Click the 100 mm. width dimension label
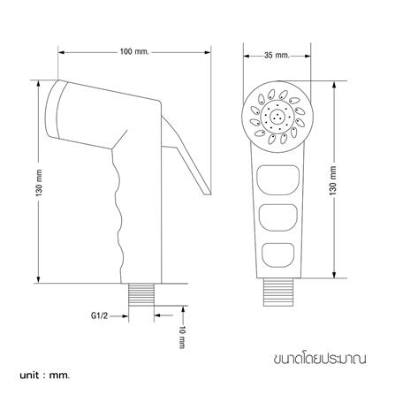coord(134,52)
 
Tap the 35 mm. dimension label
coord(277,55)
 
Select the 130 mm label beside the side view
coord(40,183)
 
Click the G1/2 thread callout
coord(99,316)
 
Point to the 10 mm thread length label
coord(183,338)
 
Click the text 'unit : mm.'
coord(45,376)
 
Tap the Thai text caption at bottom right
coord(320,359)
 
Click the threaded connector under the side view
coord(141,294)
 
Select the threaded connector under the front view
coord(278,292)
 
